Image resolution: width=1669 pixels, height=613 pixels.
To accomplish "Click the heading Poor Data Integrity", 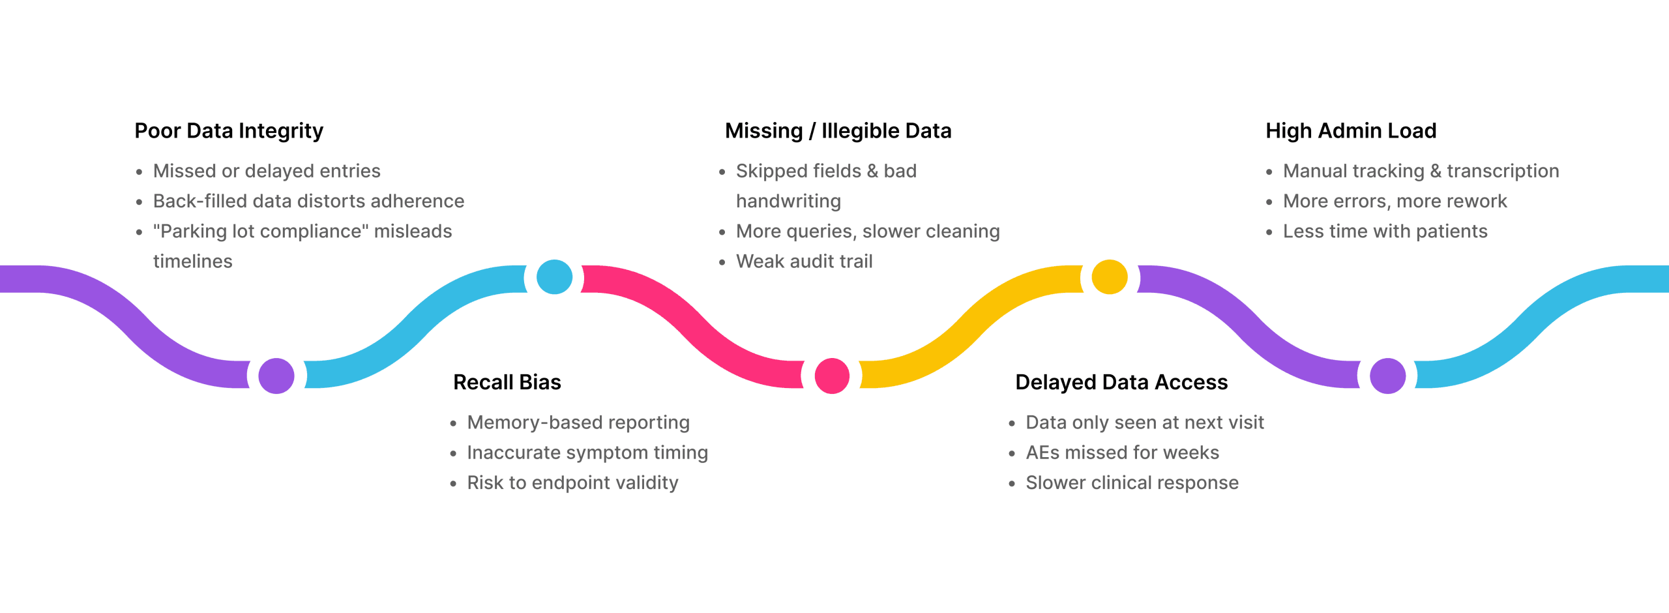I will [x=228, y=131].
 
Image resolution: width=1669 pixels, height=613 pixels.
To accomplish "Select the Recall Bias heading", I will [x=507, y=382].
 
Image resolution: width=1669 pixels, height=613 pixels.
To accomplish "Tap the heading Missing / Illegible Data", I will [x=838, y=131].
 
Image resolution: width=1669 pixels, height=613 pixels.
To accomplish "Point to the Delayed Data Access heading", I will [x=1121, y=382].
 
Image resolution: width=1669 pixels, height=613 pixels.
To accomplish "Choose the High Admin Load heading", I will [x=1350, y=131].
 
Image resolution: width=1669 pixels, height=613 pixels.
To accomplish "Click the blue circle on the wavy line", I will [x=554, y=277].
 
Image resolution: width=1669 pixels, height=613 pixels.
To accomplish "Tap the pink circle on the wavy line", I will [x=832, y=376].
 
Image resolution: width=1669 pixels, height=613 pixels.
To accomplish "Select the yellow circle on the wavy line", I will [x=1109, y=277].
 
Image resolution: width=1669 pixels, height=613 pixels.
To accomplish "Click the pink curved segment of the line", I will [x=691, y=320].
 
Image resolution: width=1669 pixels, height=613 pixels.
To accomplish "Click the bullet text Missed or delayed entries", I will [x=266, y=171].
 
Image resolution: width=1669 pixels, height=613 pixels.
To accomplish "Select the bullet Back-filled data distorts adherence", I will [x=308, y=201].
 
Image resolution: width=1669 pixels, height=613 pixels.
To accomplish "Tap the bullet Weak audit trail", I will [x=804, y=262].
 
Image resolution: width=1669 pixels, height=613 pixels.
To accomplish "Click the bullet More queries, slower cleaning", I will [x=867, y=232].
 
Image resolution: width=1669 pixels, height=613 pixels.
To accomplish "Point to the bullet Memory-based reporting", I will [x=578, y=423].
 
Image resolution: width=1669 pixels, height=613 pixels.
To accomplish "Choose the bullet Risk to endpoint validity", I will [x=572, y=483].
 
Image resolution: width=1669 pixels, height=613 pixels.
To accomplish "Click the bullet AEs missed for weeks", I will [x=1121, y=453].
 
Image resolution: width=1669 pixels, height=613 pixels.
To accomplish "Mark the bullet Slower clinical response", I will [x=1131, y=483].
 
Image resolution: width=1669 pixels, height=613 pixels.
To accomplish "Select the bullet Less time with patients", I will [x=1385, y=232].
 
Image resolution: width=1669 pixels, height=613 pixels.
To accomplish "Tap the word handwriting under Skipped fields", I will [x=788, y=201].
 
